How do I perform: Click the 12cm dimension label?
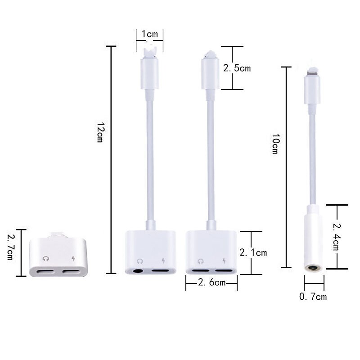click(x=100, y=133)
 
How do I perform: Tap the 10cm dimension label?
click(x=275, y=145)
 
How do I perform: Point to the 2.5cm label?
click(x=237, y=68)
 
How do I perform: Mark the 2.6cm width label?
click(x=211, y=283)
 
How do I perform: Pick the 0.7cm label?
click(x=313, y=297)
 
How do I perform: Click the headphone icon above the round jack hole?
click(x=140, y=261)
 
